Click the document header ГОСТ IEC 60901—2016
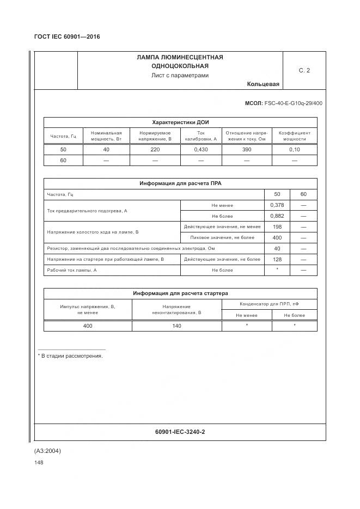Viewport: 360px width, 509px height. pos(67,36)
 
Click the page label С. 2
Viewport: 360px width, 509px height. pos(304,70)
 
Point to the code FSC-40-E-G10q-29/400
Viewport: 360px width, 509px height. pos(294,103)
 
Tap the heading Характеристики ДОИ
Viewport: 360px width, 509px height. pos(180,122)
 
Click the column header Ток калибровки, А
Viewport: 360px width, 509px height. pos(200,136)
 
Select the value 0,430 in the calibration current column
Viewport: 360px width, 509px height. pos(200,149)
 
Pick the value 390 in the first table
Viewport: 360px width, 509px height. pos(246,149)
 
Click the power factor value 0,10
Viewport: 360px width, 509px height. pos(295,149)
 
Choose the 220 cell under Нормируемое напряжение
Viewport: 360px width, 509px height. pos(155,149)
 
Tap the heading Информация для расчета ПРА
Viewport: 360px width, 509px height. pos(180,183)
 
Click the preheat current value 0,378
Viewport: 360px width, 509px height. pos(277,205)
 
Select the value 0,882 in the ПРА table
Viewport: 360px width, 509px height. pos(277,216)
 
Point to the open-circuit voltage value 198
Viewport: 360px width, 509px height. pos(277,226)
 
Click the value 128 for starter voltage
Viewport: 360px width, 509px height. pos(277,259)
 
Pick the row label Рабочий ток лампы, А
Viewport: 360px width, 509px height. pos(72,270)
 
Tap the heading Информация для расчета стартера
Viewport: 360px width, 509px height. pos(180,293)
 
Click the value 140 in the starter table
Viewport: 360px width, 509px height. pos(176,326)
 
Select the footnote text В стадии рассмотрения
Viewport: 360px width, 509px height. pos(72,356)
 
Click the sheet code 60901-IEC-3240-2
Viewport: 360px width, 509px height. pos(180,432)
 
